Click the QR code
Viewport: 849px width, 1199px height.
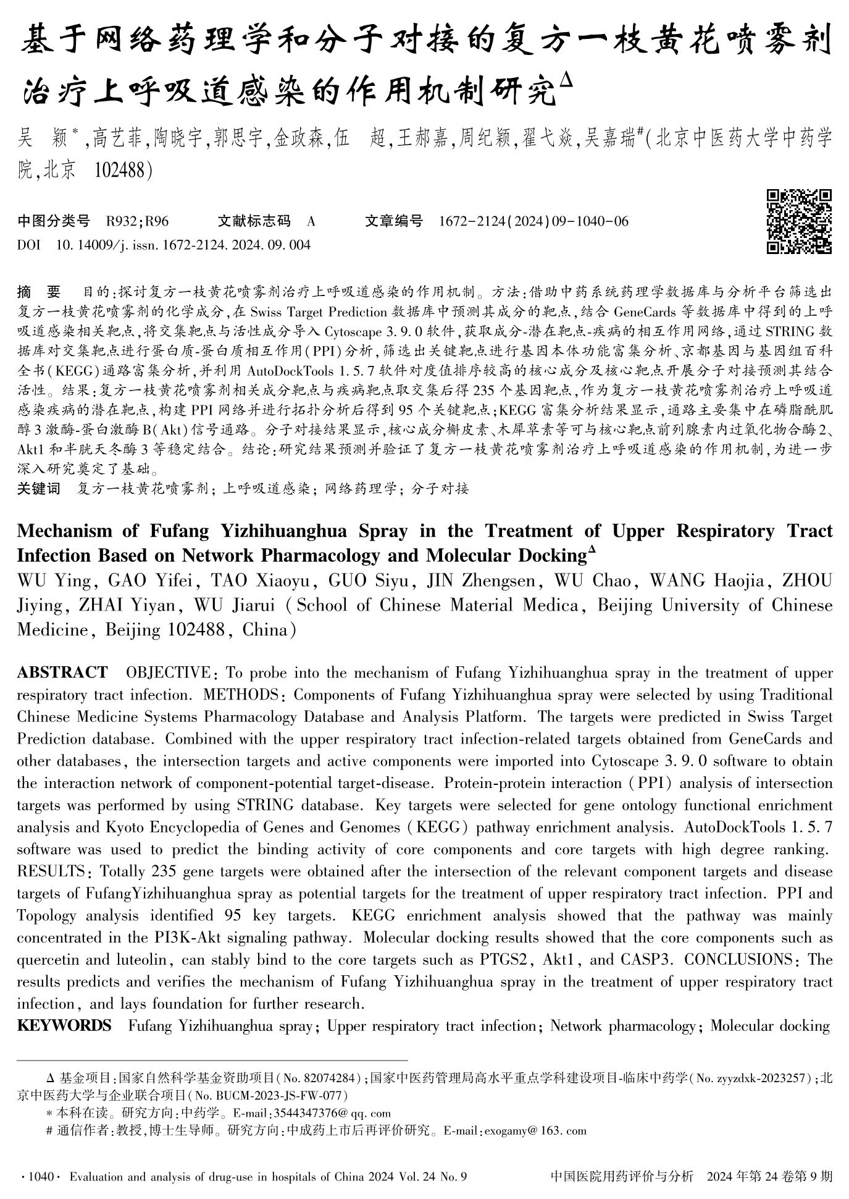coord(799,221)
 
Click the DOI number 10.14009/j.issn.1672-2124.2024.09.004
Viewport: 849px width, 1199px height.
coord(183,245)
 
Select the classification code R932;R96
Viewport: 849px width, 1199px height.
coord(137,221)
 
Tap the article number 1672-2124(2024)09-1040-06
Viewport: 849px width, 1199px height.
coord(533,221)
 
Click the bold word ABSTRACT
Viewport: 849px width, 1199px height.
coord(62,672)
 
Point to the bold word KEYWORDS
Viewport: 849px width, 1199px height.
coord(64,1026)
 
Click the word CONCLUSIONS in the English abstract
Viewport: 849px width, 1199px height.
coord(738,960)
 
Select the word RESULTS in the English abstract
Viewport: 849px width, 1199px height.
coord(51,871)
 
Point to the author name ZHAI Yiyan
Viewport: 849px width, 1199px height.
coord(127,605)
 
